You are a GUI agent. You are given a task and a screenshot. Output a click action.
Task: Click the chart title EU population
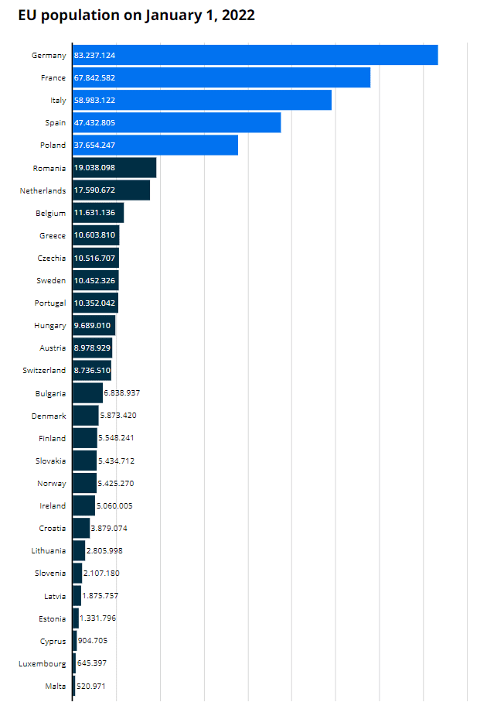[137, 15]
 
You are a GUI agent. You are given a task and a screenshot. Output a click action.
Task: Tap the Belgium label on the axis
[50, 213]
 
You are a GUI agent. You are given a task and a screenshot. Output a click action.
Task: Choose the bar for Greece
[96, 235]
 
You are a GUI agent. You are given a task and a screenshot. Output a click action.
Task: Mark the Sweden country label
[51, 280]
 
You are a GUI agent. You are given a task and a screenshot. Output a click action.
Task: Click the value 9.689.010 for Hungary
[93, 325]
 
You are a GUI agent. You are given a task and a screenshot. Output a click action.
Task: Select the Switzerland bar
[92, 370]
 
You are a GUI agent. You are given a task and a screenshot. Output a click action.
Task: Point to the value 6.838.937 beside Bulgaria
[121, 393]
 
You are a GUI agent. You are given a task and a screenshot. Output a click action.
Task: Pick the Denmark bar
[86, 416]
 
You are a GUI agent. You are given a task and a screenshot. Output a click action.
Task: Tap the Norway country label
[51, 483]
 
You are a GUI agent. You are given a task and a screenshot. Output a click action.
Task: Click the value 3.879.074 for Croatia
[109, 528]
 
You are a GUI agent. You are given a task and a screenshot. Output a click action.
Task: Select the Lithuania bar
[79, 550]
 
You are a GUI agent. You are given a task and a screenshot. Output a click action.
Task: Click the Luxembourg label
[43, 663]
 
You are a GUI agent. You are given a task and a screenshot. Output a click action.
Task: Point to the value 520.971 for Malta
[91, 686]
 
